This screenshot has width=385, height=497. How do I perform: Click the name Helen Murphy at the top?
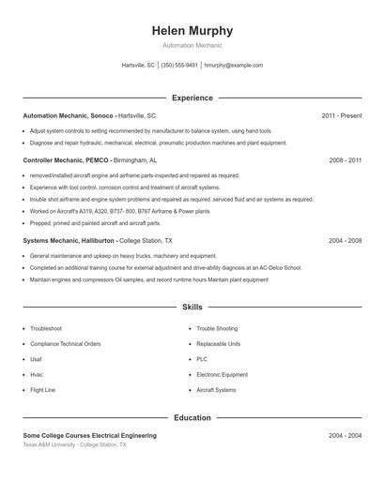[x=192, y=31]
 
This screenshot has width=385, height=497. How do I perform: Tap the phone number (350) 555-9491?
[x=179, y=66]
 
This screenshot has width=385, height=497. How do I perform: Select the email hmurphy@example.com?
[x=234, y=66]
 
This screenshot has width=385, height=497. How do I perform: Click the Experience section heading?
[x=192, y=98]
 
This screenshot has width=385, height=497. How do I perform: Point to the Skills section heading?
[x=192, y=307]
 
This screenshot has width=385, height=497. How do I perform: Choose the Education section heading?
[x=192, y=417]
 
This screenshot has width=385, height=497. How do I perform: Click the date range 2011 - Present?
[x=341, y=115]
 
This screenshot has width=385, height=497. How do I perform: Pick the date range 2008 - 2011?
[x=345, y=160]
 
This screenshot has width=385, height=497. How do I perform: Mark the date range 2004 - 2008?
[x=345, y=241]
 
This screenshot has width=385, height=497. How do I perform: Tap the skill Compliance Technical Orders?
[x=65, y=344]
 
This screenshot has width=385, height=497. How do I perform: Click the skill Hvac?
[x=37, y=374]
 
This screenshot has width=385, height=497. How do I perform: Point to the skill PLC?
[x=202, y=359]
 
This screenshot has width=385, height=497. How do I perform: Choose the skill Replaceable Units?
[x=218, y=344]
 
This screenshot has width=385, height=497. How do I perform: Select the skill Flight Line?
[x=43, y=389]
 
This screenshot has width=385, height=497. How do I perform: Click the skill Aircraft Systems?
[x=216, y=389]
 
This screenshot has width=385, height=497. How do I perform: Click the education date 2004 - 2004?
[x=345, y=436]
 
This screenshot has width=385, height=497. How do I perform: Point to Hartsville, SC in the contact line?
[x=138, y=66]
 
